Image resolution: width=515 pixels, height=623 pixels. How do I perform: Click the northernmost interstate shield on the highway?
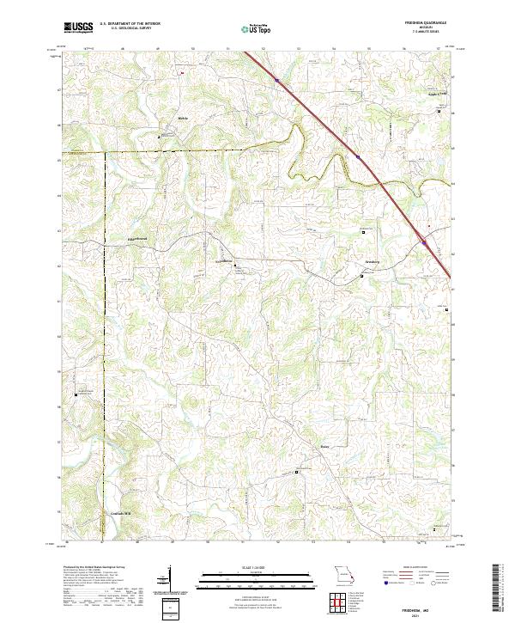[278, 81]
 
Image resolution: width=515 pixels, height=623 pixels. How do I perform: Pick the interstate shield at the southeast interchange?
[424, 243]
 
